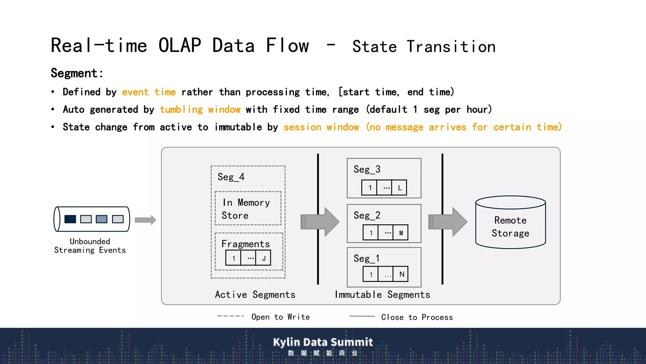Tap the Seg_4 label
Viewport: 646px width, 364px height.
(231, 177)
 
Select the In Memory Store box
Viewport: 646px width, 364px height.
(248, 209)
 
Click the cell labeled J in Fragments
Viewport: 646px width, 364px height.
(264, 258)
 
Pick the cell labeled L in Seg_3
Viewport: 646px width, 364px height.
(399, 188)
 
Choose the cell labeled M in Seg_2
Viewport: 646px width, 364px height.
(401, 233)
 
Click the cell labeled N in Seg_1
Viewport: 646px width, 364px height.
(401, 274)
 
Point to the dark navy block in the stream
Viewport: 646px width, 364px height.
(70, 219)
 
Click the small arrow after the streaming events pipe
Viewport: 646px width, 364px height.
(145, 220)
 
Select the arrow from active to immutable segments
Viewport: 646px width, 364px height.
(320, 221)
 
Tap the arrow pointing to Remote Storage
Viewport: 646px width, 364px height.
(448, 221)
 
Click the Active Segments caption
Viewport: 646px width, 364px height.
(255, 294)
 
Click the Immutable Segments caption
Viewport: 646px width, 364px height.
(382, 294)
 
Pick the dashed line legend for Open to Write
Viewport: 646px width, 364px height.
(231, 316)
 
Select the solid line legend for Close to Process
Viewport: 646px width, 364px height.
(362, 316)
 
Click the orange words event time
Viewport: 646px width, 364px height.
(149, 92)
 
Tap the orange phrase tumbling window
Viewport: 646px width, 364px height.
(200, 110)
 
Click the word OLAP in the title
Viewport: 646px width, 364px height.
(179, 45)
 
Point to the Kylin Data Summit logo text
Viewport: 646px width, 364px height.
(323, 342)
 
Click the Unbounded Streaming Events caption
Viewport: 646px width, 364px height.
(90, 246)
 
